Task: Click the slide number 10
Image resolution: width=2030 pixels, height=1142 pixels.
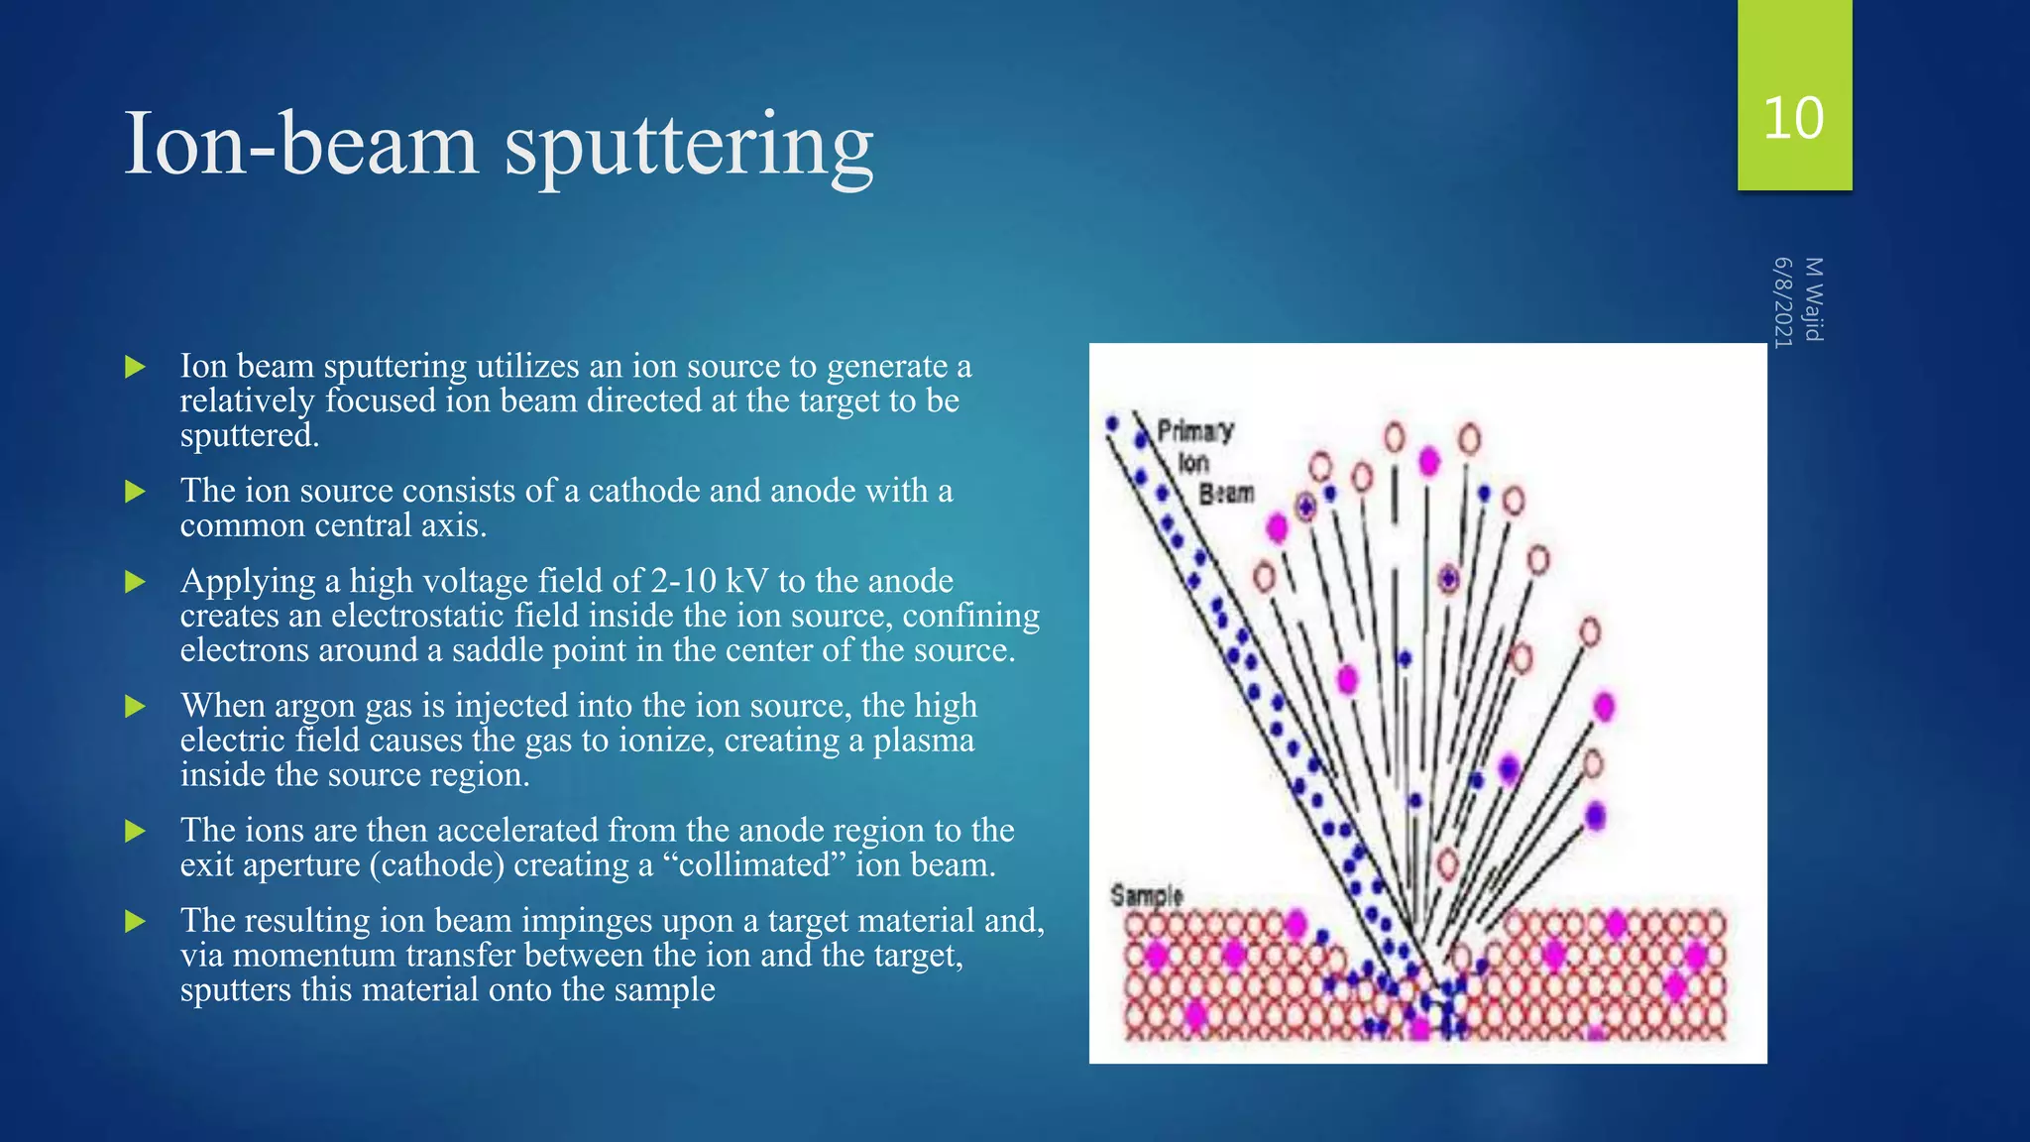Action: tap(1793, 118)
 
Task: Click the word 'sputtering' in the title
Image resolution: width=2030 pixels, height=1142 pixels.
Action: tap(689, 146)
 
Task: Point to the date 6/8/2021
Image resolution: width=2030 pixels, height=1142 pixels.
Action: tap(1783, 302)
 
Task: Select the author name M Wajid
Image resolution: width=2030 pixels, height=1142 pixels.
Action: tap(1813, 298)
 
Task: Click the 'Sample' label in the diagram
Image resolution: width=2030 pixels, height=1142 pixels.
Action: tap(1147, 895)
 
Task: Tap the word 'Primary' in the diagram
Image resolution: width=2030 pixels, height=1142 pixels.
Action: tap(1195, 430)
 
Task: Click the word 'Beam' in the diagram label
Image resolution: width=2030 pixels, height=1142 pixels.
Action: tap(1227, 493)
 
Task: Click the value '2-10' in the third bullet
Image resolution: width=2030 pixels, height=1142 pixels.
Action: tap(683, 581)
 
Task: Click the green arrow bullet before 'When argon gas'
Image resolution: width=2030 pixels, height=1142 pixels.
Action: tap(136, 706)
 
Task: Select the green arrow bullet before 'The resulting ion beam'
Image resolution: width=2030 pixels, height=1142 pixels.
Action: tap(136, 921)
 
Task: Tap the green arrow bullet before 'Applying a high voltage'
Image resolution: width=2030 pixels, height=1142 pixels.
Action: tap(136, 581)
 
